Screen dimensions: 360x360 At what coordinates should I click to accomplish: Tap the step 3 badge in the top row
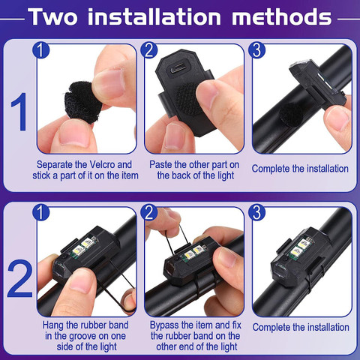[258, 51]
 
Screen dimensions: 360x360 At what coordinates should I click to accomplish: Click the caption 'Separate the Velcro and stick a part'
[85, 169]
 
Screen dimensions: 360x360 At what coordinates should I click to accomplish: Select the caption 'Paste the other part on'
[193, 163]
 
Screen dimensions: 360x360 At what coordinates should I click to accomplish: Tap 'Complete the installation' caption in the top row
[300, 169]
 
